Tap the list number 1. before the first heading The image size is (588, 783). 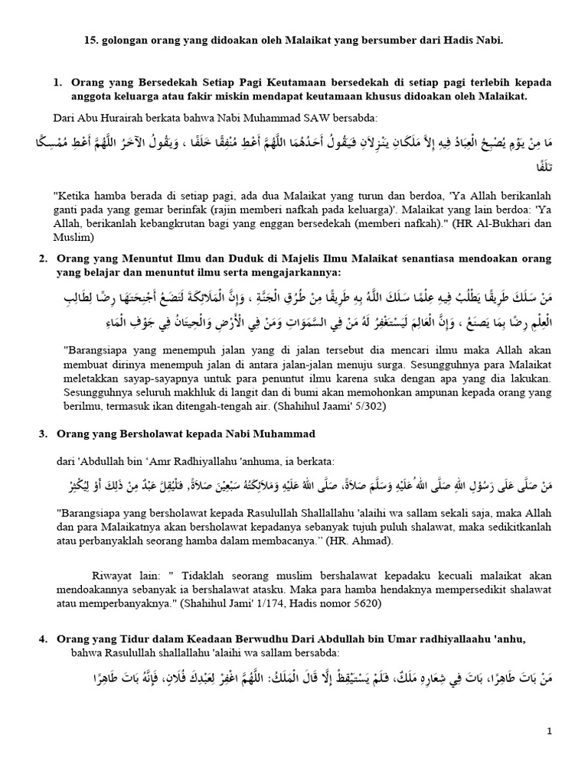coord(57,82)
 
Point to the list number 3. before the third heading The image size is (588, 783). coord(43,434)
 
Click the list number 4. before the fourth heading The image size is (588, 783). coord(43,638)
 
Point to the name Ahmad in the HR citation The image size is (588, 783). coord(375,541)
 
